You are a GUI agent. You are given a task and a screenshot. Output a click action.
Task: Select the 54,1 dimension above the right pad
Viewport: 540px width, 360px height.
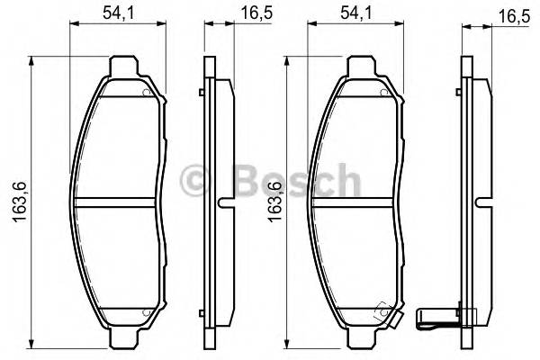(x=355, y=13)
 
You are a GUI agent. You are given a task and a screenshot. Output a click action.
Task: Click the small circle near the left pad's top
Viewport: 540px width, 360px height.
(x=144, y=93)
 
